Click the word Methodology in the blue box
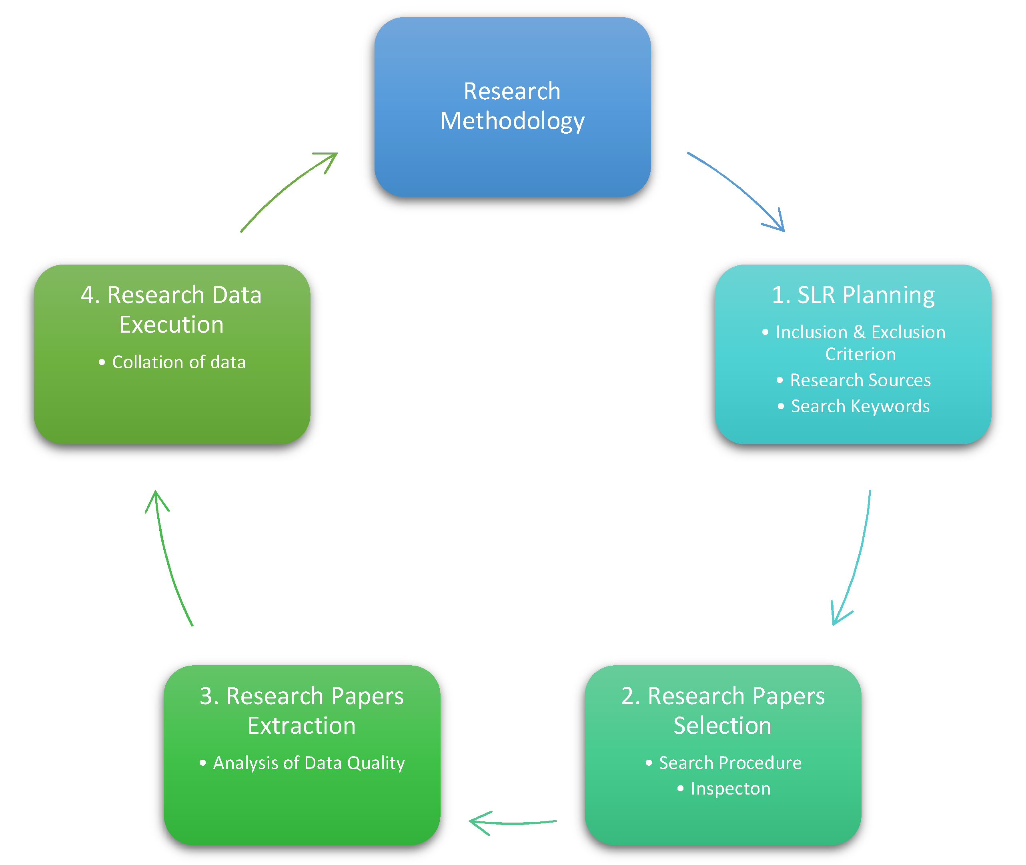click(x=512, y=121)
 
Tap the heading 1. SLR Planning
click(x=853, y=295)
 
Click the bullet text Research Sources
click(x=860, y=381)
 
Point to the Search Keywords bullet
click(x=860, y=407)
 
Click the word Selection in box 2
click(x=723, y=726)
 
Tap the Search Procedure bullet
click(x=730, y=763)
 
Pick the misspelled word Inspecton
click(x=730, y=789)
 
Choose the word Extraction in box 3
click(x=301, y=726)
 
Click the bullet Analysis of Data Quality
click(x=309, y=763)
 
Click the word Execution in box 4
click(x=172, y=325)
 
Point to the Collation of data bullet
click(x=178, y=362)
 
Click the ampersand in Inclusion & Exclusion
click(x=859, y=333)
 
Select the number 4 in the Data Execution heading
click(x=87, y=295)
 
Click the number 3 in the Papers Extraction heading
click(x=206, y=696)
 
